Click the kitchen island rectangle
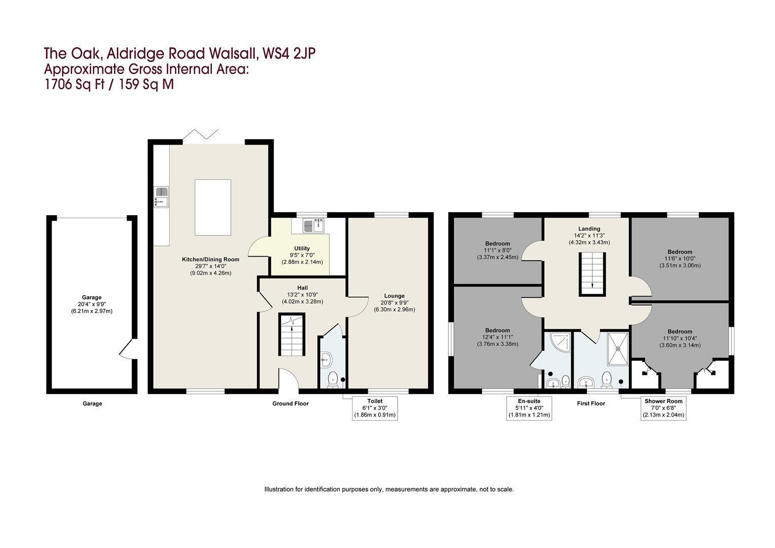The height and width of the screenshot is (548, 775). [x=213, y=208]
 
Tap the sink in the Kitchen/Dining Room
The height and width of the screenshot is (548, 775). [x=161, y=197]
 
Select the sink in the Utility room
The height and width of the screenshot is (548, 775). [x=313, y=225]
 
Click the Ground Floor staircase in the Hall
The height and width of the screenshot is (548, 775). [x=292, y=334]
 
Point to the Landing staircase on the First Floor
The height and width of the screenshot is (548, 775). [x=593, y=274]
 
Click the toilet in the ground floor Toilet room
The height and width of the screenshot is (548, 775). [x=333, y=380]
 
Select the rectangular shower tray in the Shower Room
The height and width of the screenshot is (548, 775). [x=618, y=349]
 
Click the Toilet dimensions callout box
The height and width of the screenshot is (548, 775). [x=375, y=408]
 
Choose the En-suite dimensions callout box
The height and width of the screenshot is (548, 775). [x=529, y=408]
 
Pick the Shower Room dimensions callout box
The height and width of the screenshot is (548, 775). [x=663, y=408]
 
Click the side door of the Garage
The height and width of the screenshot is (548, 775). [x=127, y=349]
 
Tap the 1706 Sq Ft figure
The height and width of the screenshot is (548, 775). [x=75, y=84]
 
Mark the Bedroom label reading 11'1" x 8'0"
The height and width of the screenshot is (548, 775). [x=498, y=250]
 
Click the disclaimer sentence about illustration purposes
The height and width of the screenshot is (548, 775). [x=389, y=490]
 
